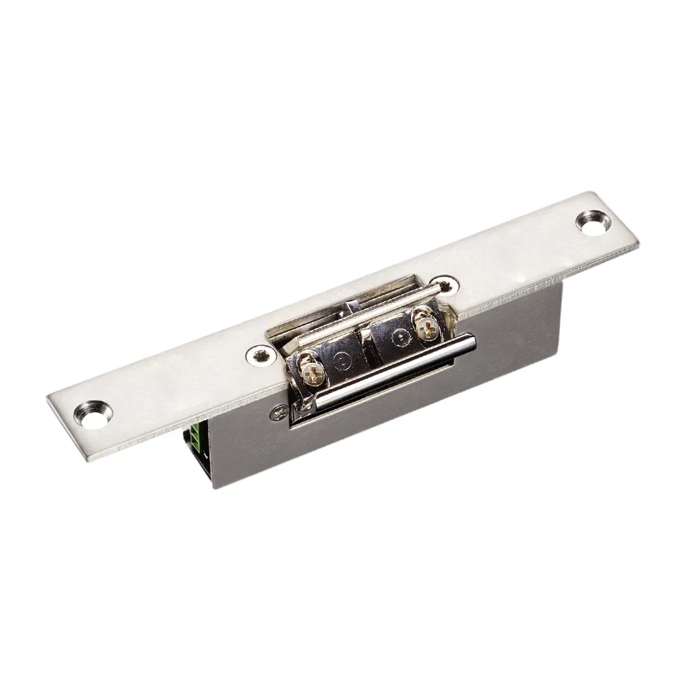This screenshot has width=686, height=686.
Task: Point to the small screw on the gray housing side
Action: tap(278, 412)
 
